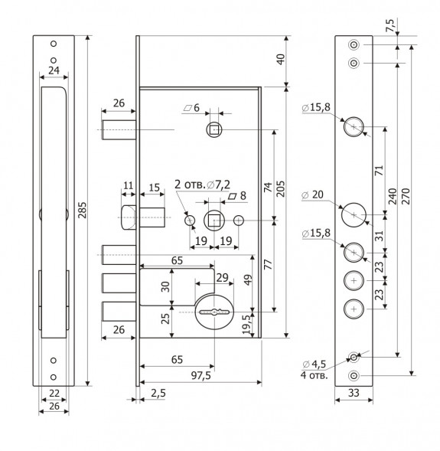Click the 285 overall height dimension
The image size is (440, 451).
[x=83, y=210]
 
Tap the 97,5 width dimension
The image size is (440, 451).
[x=200, y=375]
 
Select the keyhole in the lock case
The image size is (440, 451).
[x=214, y=312]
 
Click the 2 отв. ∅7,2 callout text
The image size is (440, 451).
[x=202, y=185]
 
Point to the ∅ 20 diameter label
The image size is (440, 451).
[x=312, y=194]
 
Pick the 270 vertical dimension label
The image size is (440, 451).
[x=406, y=196]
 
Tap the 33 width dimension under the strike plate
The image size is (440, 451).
[x=354, y=393]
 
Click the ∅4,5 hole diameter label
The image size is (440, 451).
[x=315, y=364]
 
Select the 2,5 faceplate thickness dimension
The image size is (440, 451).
[x=158, y=393]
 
